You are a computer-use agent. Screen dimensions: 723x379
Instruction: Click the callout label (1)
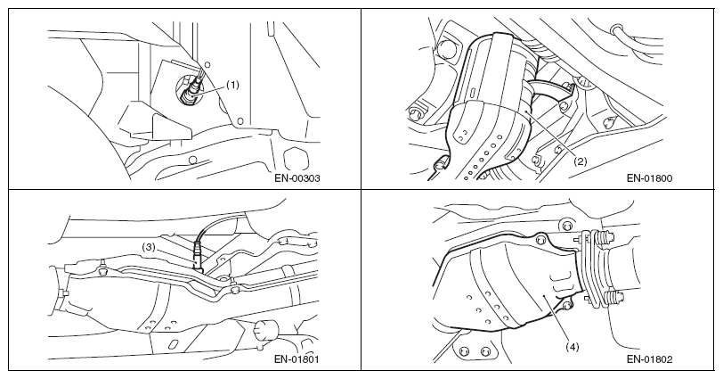232,85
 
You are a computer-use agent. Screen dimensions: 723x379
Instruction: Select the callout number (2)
580,161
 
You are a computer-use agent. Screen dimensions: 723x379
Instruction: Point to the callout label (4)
572,346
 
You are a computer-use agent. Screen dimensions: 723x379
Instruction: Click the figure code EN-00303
297,178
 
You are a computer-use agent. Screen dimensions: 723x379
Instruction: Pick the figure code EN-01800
649,178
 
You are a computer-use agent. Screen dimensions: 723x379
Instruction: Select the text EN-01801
297,358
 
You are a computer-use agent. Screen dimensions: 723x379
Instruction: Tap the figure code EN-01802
649,358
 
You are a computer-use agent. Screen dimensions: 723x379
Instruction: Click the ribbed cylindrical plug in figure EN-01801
265,330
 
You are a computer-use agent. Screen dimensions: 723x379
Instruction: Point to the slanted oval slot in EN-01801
174,344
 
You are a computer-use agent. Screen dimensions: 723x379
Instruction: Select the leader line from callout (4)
557,318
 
